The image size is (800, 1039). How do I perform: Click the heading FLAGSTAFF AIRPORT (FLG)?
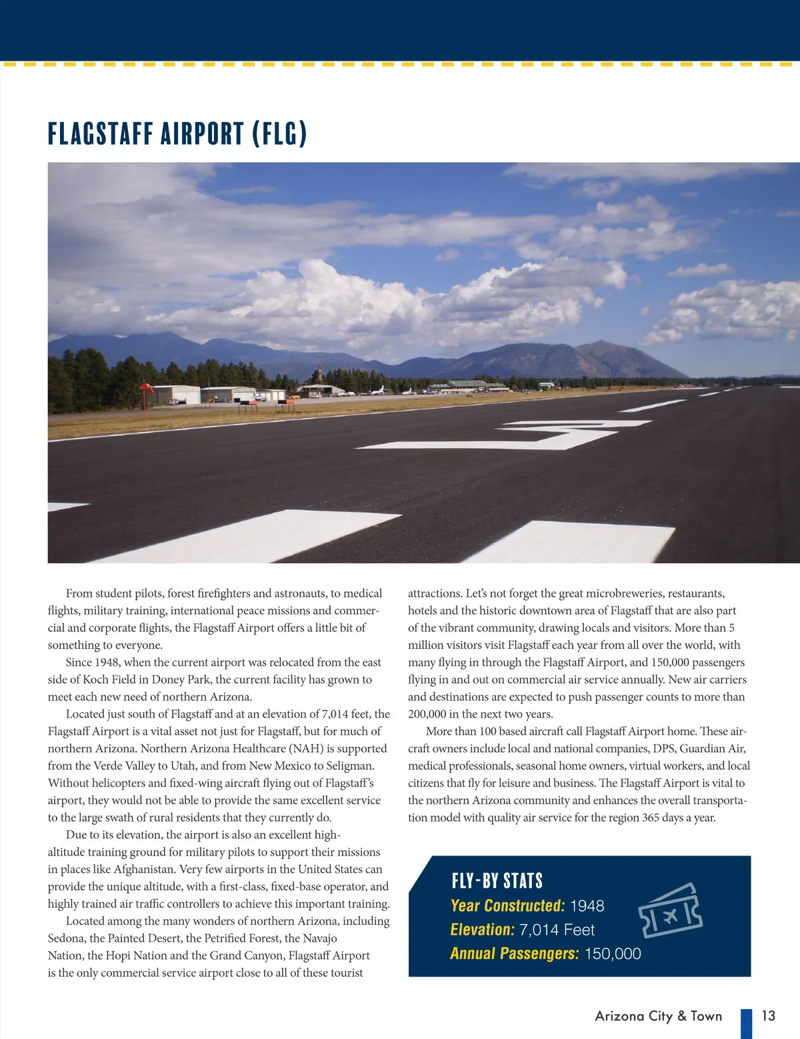177,134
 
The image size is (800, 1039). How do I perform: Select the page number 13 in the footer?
768,1016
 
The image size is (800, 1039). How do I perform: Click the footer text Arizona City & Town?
658,1016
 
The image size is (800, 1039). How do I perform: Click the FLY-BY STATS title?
497,881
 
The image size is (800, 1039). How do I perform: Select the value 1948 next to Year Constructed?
587,906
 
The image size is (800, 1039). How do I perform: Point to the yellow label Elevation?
482,930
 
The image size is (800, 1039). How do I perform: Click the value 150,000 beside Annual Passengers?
612,954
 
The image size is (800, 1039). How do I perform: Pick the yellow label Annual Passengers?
514,954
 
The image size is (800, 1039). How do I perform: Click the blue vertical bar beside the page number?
746,1023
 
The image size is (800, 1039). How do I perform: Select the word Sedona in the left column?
65,938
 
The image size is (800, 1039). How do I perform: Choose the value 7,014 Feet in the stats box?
557,930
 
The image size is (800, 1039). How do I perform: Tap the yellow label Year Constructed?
507,906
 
